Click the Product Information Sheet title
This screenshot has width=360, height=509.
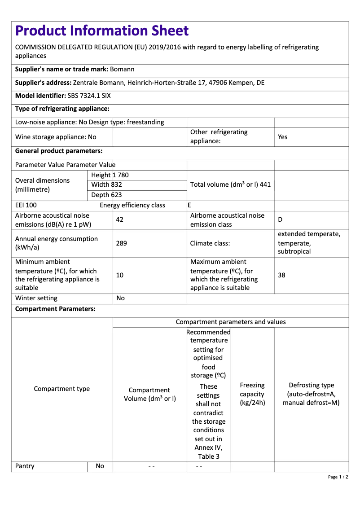[x=102, y=31]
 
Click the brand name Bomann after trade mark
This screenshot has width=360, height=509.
[x=122, y=69]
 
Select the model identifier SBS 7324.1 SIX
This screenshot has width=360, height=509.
[x=89, y=96]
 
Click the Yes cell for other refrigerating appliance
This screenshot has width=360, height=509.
[x=282, y=137]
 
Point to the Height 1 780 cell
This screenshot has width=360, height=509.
[x=110, y=175]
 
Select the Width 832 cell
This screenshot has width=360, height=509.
[x=106, y=184]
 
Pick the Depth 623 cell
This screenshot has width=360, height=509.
[x=106, y=195]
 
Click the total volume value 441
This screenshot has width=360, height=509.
[x=265, y=184]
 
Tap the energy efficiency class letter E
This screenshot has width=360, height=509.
[x=189, y=205]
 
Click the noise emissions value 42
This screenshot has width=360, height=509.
[x=119, y=220]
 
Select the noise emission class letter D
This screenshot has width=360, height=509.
[x=280, y=220]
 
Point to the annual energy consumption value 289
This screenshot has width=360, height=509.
[x=121, y=243]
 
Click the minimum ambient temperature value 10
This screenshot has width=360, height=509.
[x=119, y=275]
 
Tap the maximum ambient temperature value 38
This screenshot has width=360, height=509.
[x=281, y=275]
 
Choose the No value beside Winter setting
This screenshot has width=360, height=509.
[x=120, y=298]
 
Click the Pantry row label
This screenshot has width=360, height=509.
[x=25, y=466]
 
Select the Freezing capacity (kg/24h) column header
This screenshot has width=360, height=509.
[x=252, y=394]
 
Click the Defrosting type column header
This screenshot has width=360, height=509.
[x=311, y=394]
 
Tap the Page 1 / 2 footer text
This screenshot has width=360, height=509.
[x=338, y=477]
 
